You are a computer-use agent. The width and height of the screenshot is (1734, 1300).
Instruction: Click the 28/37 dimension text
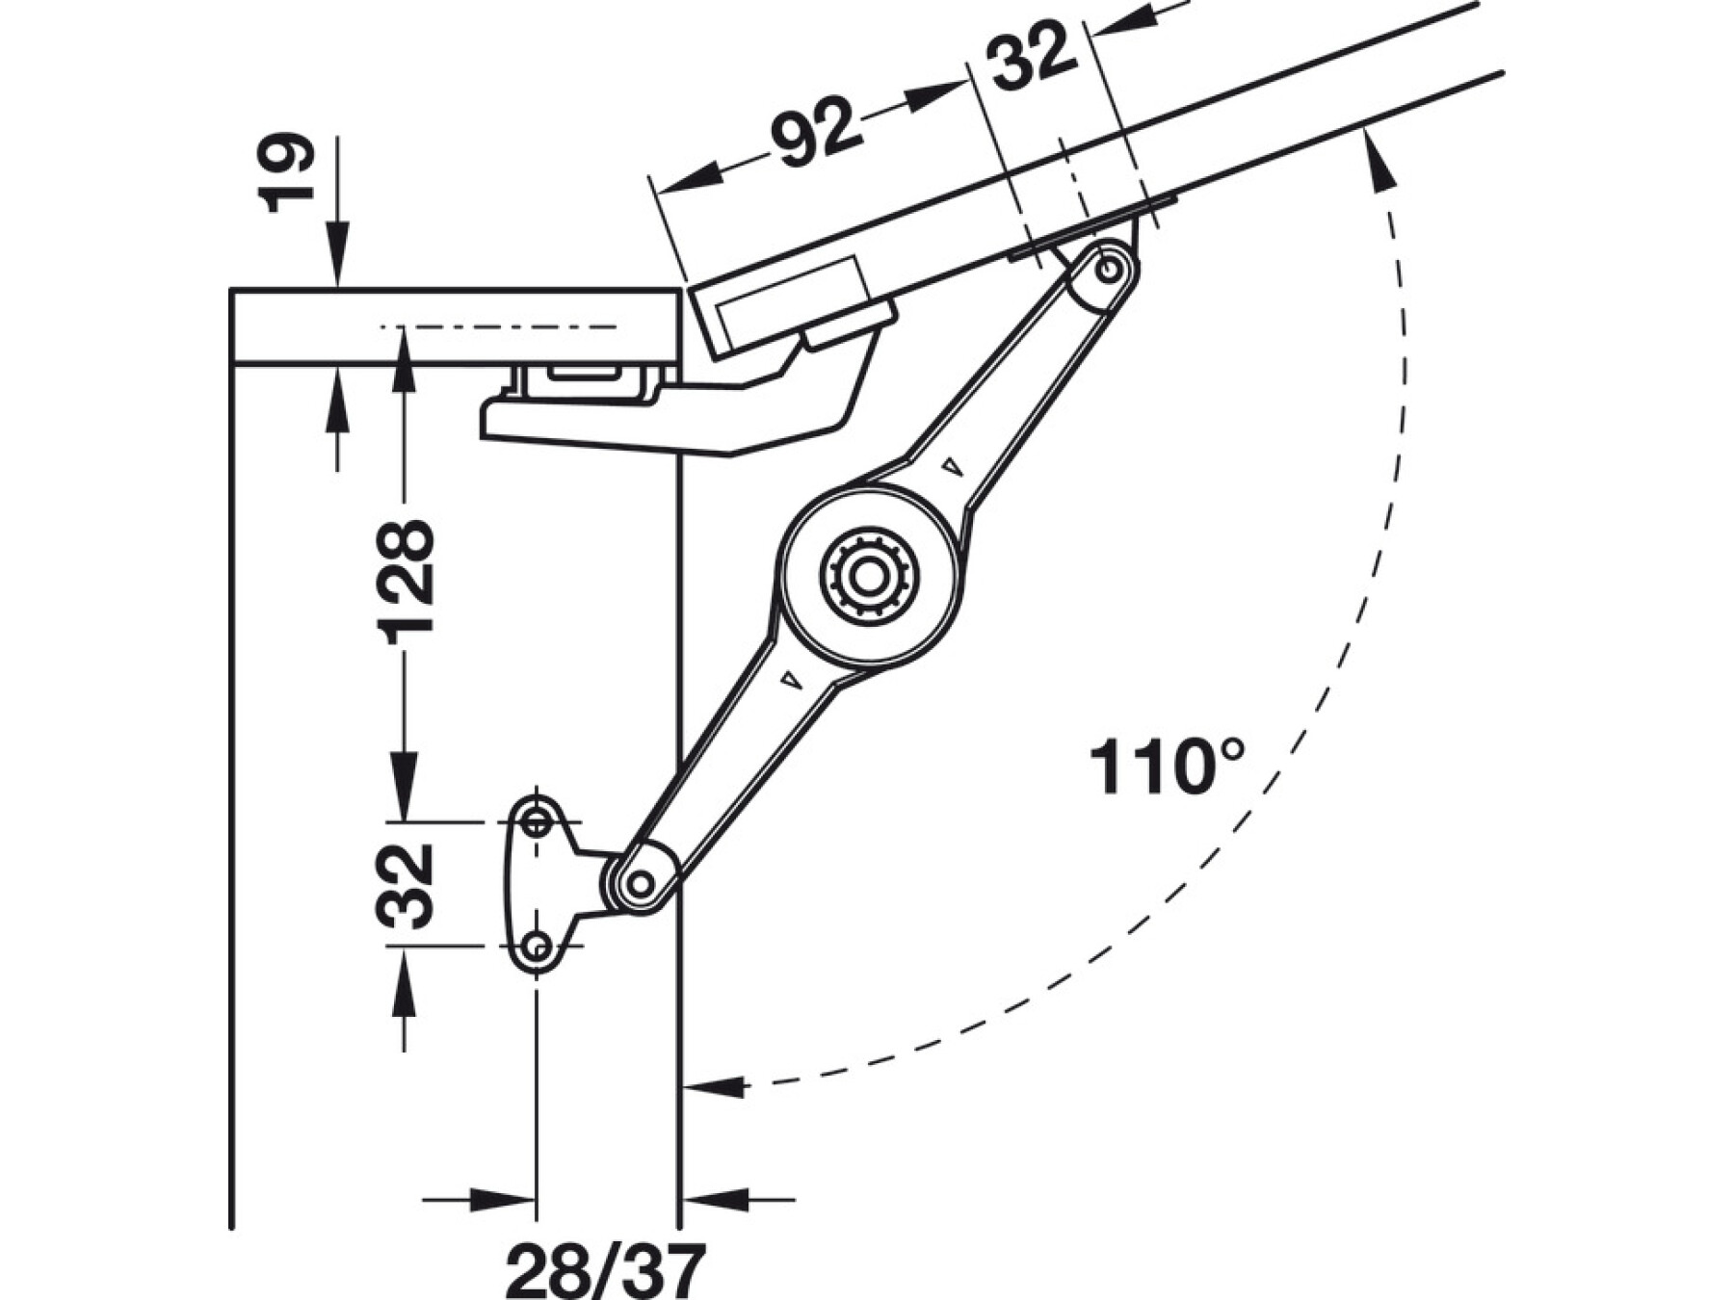point(605,1270)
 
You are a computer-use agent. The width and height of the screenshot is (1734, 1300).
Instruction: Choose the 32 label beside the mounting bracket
point(406,885)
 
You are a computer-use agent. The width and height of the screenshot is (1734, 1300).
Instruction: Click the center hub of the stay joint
point(869,579)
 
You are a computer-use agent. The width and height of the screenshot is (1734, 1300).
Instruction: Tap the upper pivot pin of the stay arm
point(1109,269)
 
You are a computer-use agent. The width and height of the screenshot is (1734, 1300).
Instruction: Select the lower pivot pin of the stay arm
point(639,881)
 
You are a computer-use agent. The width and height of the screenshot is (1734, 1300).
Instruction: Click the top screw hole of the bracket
point(536,822)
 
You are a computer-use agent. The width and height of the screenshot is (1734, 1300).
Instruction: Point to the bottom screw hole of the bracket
point(537,947)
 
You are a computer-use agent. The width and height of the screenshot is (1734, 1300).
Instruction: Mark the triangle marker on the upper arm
point(953,466)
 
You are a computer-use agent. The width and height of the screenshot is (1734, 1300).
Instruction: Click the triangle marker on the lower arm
point(791,680)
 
